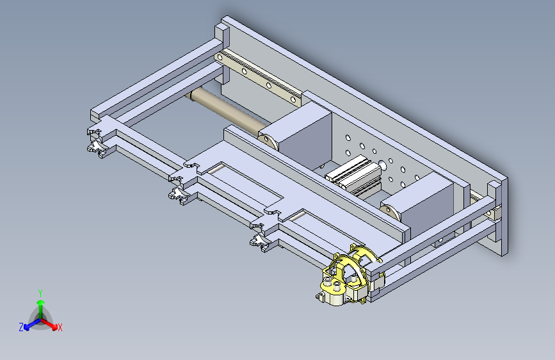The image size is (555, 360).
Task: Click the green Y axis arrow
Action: click(x=40, y=309)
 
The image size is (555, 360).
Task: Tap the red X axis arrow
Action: click(x=49, y=323)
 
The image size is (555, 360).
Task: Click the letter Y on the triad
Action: click(x=40, y=293)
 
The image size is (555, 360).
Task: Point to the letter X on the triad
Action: click(x=60, y=328)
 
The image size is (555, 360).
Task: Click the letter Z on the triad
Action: click(x=21, y=327)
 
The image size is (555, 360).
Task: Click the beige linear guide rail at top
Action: click(x=259, y=78)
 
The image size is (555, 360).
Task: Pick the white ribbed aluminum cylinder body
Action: click(x=354, y=175)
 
